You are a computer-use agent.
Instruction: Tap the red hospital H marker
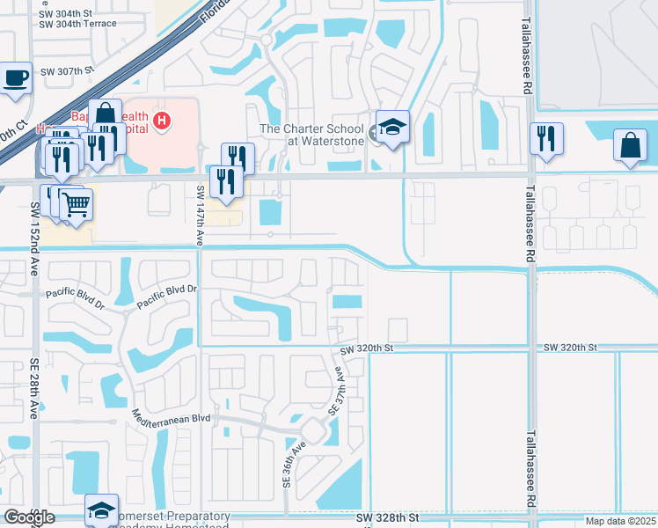coord(161,120)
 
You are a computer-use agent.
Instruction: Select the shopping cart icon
coord(76,205)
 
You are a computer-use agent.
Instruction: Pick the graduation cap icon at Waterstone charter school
coord(392,127)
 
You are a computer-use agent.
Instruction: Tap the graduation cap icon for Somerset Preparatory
coord(101,510)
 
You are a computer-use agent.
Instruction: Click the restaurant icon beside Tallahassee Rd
coord(546,139)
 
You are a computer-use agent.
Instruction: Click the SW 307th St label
coord(66,70)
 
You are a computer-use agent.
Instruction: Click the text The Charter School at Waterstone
coord(313,135)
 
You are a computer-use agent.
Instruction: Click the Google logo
coord(29,517)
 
